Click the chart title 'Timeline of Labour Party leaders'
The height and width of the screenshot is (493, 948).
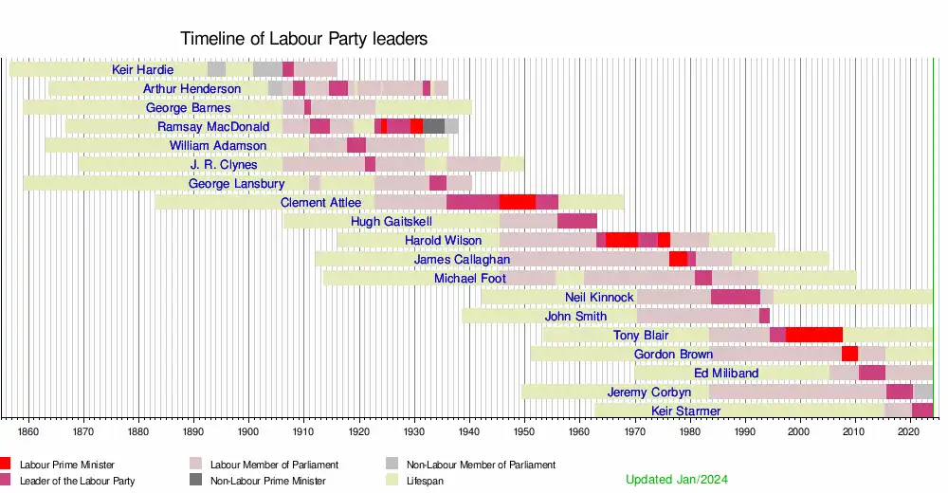click(x=303, y=39)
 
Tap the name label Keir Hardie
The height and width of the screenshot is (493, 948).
click(x=142, y=69)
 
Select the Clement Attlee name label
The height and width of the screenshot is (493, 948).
click(x=321, y=202)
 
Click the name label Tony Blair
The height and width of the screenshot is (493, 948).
click(x=641, y=335)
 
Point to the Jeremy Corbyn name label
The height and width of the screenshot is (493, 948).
click(x=649, y=392)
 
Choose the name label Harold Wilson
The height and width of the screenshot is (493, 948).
click(x=443, y=240)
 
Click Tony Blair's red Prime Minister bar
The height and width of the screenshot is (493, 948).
click(x=813, y=335)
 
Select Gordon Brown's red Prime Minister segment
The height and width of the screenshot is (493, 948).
click(x=849, y=354)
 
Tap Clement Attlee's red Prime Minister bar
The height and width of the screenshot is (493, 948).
click(x=517, y=202)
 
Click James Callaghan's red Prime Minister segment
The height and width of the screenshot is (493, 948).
click(x=678, y=259)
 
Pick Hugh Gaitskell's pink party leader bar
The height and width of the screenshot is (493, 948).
click(x=576, y=221)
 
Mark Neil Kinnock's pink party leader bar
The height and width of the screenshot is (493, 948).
click(x=735, y=297)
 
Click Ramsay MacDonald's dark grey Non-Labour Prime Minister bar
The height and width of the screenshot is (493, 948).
click(x=433, y=126)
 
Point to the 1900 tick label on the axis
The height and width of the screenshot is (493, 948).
click(x=248, y=431)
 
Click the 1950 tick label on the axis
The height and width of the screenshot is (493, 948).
click(x=524, y=431)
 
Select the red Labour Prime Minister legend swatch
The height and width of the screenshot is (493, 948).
click(x=7, y=464)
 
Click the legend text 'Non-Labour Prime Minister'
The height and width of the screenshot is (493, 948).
click(x=267, y=481)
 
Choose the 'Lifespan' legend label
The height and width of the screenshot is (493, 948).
click(x=425, y=481)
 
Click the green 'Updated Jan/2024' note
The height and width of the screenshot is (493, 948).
click(x=677, y=480)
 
